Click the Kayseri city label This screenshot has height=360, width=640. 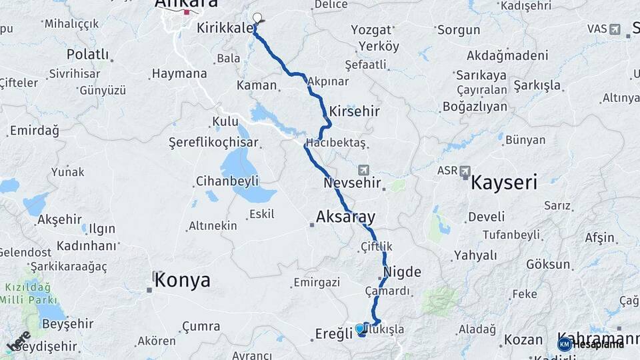(504, 182)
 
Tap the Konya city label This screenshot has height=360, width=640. (182, 281)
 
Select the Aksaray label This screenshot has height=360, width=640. (345, 217)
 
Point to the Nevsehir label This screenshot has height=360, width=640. (352, 182)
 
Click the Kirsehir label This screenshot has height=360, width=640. (350, 110)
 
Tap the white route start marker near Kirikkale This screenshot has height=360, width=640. (257, 19)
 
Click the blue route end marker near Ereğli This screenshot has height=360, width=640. (360, 329)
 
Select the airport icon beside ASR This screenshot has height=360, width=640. (465, 171)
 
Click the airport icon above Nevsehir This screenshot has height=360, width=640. (363, 170)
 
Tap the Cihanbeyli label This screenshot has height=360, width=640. (227, 181)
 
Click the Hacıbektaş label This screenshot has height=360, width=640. (336, 143)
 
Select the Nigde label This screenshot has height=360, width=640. (403, 272)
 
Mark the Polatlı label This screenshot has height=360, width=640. (87, 54)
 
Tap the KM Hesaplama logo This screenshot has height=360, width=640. (590, 344)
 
